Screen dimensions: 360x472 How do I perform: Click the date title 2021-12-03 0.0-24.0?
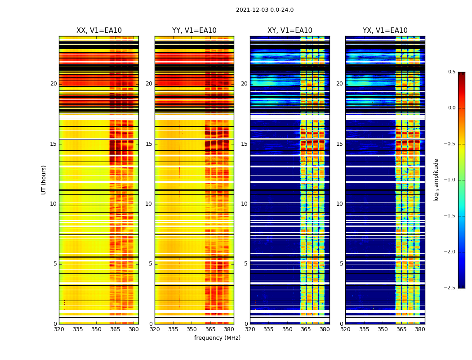point(264,10)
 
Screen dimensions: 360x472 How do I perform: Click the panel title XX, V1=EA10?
point(99,31)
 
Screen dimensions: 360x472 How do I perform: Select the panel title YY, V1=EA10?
point(194,31)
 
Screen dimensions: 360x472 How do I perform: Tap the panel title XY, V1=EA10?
point(290,31)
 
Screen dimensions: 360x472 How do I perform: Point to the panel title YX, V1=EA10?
point(385,31)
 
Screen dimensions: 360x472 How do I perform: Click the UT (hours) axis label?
point(44,180)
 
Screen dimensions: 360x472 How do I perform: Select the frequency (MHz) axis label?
point(217,338)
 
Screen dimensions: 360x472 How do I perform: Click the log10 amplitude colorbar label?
point(436,180)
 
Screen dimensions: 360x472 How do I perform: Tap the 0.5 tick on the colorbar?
point(451,72)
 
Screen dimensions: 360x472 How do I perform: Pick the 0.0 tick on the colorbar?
point(451,108)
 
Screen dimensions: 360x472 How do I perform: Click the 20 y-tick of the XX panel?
point(53,84)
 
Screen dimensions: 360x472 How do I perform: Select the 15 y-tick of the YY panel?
point(149,144)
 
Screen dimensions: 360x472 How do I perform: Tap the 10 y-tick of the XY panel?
point(244,204)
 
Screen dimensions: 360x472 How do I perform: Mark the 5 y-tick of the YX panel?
point(342,264)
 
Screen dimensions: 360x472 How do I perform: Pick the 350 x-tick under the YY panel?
point(192,329)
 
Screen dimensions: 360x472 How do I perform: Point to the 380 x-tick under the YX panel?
point(420,329)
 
